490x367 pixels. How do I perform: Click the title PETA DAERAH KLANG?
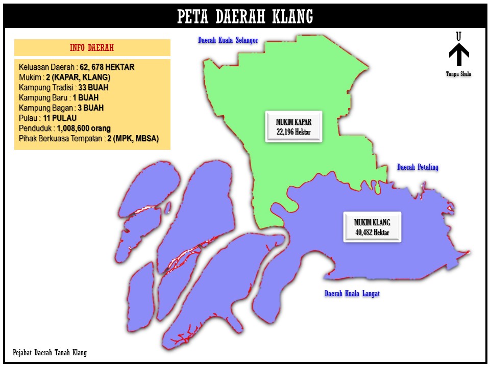(x=245, y=17)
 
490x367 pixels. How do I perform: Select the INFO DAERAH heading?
(x=92, y=48)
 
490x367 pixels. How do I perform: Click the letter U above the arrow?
(x=459, y=37)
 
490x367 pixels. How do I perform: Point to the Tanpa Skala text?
(x=458, y=74)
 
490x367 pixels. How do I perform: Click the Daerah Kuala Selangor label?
(x=228, y=40)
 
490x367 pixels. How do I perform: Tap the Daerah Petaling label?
(x=418, y=167)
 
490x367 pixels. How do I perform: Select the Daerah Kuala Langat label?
(x=352, y=294)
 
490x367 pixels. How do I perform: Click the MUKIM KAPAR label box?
(x=293, y=126)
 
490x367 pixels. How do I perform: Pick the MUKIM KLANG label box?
(x=372, y=227)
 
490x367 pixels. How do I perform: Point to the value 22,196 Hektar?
(x=293, y=133)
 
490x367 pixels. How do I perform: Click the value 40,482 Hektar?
(x=372, y=232)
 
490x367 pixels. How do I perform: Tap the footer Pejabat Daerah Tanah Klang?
(x=50, y=353)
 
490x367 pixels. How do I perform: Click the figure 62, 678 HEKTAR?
(x=107, y=67)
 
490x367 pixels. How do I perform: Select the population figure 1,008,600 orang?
(x=84, y=128)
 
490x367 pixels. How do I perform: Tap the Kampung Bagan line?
(x=61, y=108)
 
